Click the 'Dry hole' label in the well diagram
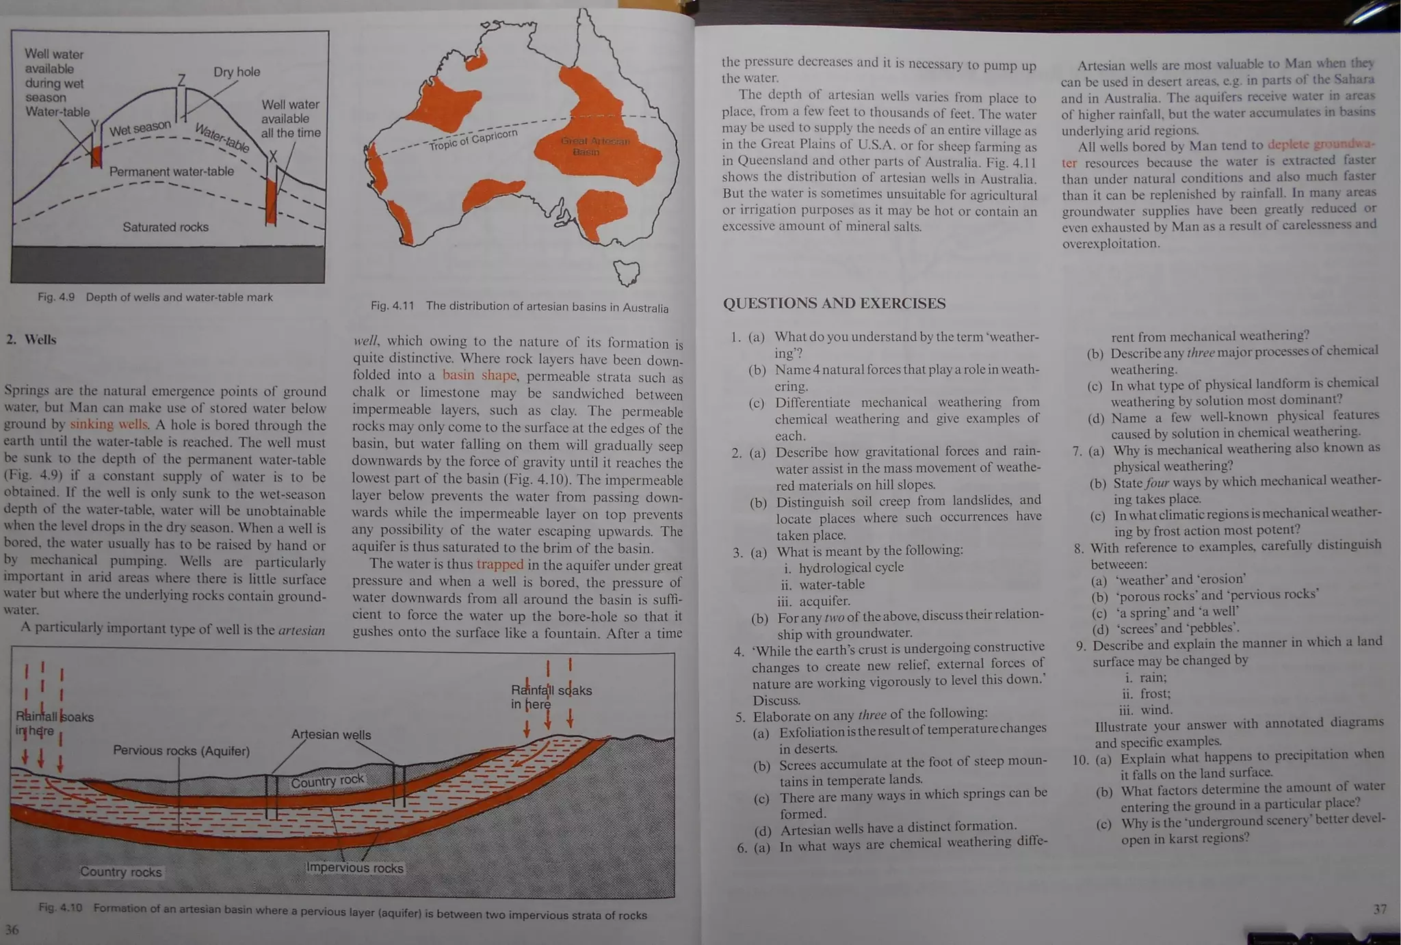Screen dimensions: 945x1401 point(237,72)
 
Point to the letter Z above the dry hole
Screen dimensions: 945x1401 point(181,81)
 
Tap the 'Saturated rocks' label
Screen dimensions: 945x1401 point(166,227)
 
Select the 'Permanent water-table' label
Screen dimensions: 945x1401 point(172,172)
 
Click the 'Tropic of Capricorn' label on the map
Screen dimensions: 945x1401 point(473,139)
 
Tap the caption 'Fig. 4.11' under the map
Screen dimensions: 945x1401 point(393,306)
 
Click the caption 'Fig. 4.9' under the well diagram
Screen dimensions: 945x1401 point(56,297)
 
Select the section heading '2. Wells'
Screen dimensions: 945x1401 point(31,340)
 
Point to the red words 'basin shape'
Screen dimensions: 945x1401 point(479,375)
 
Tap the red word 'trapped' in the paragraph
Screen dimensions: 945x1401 point(499,565)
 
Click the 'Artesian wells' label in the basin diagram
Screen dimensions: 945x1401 point(331,735)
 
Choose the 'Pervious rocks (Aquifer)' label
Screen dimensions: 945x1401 point(181,751)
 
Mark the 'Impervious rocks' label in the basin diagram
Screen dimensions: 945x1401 point(354,868)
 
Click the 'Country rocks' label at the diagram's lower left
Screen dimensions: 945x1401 point(121,872)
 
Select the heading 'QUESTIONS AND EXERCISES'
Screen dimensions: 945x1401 point(834,304)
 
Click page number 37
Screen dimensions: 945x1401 point(1380,909)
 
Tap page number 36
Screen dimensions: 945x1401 point(12,929)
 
